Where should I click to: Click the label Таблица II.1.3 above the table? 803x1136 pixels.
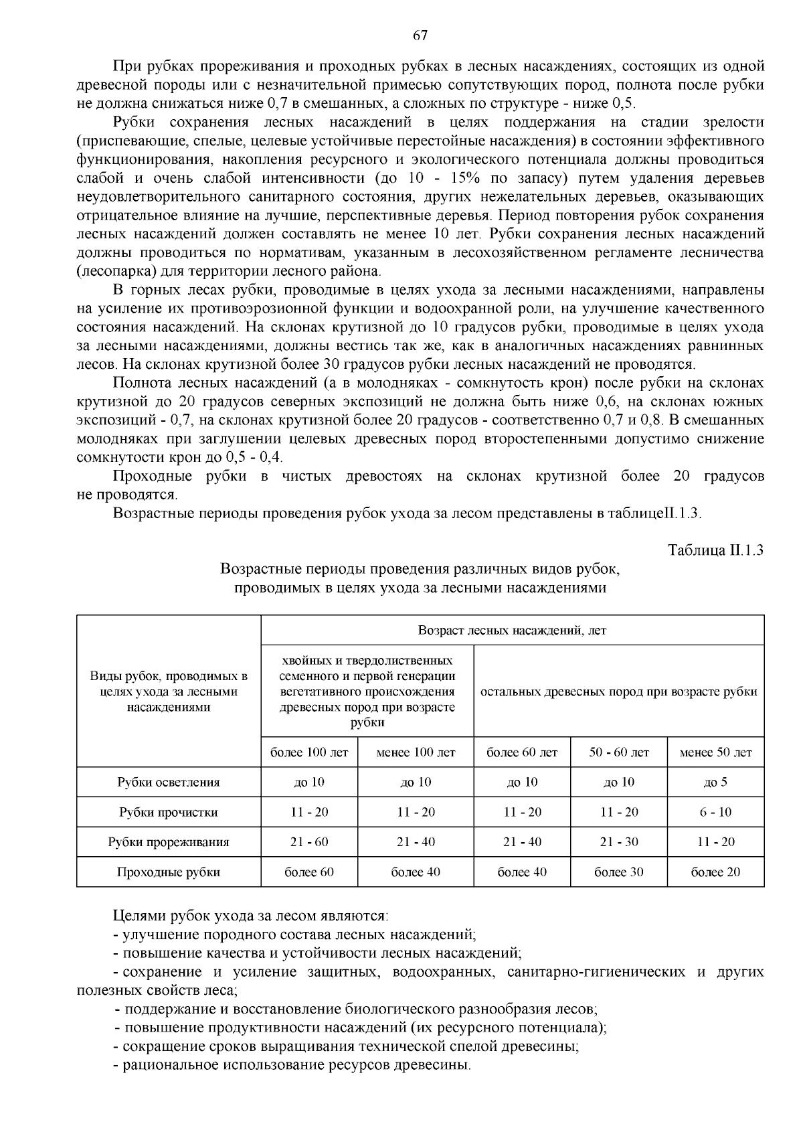716,550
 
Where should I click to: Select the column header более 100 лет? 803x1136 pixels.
309,752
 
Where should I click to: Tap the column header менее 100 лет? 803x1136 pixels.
416,752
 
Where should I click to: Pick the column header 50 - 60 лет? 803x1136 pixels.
619,752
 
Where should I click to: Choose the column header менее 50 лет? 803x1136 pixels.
715,752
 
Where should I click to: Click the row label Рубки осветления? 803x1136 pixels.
169,782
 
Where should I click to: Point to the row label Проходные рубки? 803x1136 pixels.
169,872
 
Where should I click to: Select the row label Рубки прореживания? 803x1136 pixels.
169,842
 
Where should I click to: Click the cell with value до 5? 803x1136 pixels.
715,782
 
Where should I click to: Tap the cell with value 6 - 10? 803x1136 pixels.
715,812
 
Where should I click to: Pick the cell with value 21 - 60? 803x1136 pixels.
309,842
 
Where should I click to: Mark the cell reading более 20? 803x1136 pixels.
715,872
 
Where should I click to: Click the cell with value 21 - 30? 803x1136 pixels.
619,842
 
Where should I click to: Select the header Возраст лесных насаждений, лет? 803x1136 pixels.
512,631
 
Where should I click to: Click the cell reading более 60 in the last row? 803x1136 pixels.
309,872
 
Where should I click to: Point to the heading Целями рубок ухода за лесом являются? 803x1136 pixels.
250,916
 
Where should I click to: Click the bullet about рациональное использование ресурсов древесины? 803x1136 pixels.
292,1065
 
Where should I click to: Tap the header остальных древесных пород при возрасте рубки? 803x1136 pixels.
619,692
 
